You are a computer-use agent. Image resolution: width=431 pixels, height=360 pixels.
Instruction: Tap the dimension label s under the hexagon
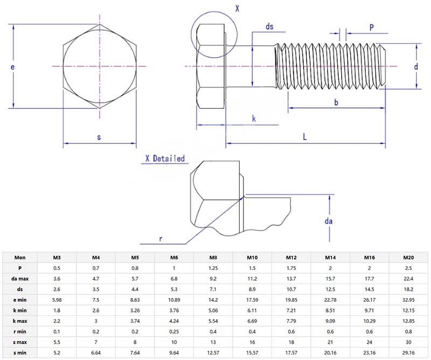click(x=99, y=137)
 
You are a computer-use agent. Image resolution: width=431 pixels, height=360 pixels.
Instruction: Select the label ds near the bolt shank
click(x=270, y=26)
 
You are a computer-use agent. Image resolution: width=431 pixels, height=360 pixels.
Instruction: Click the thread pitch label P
click(x=371, y=27)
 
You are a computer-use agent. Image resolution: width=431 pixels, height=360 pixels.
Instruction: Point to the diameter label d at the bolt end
click(x=416, y=67)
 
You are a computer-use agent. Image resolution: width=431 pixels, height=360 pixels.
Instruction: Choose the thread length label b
click(x=336, y=102)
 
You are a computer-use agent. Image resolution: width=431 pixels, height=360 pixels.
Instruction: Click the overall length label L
click(x=304, y=137)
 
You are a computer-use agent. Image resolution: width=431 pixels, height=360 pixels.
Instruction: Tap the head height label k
click(x=254, y=119)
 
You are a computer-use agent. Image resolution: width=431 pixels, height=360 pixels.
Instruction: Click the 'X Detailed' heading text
click(x=165, y=158)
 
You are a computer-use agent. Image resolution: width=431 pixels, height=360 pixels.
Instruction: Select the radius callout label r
click(x=160, y=238)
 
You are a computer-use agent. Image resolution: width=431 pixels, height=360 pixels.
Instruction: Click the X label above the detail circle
click(x=237, y=8)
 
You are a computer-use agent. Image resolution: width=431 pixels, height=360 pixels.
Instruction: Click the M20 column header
click(x=408, y=257)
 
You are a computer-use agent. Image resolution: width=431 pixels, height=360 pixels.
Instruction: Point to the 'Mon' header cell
click(x=20, y=257)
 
